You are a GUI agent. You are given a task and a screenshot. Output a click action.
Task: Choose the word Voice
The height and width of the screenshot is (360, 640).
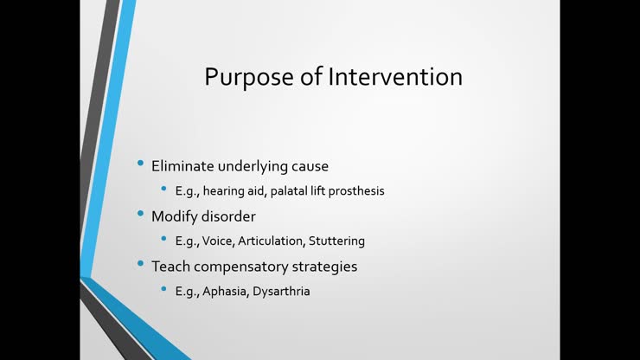click(x=221, y=241)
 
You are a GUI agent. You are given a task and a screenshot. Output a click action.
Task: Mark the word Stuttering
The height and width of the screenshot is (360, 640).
click(x=339, y=241)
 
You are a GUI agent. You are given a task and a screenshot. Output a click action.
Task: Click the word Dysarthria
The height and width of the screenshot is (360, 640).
click(x=281, y=292)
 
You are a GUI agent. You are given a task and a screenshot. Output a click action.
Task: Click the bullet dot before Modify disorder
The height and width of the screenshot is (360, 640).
click(x=142, y=214)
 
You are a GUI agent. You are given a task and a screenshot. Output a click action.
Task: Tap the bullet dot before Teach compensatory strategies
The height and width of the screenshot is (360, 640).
click(x=142, y=264)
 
